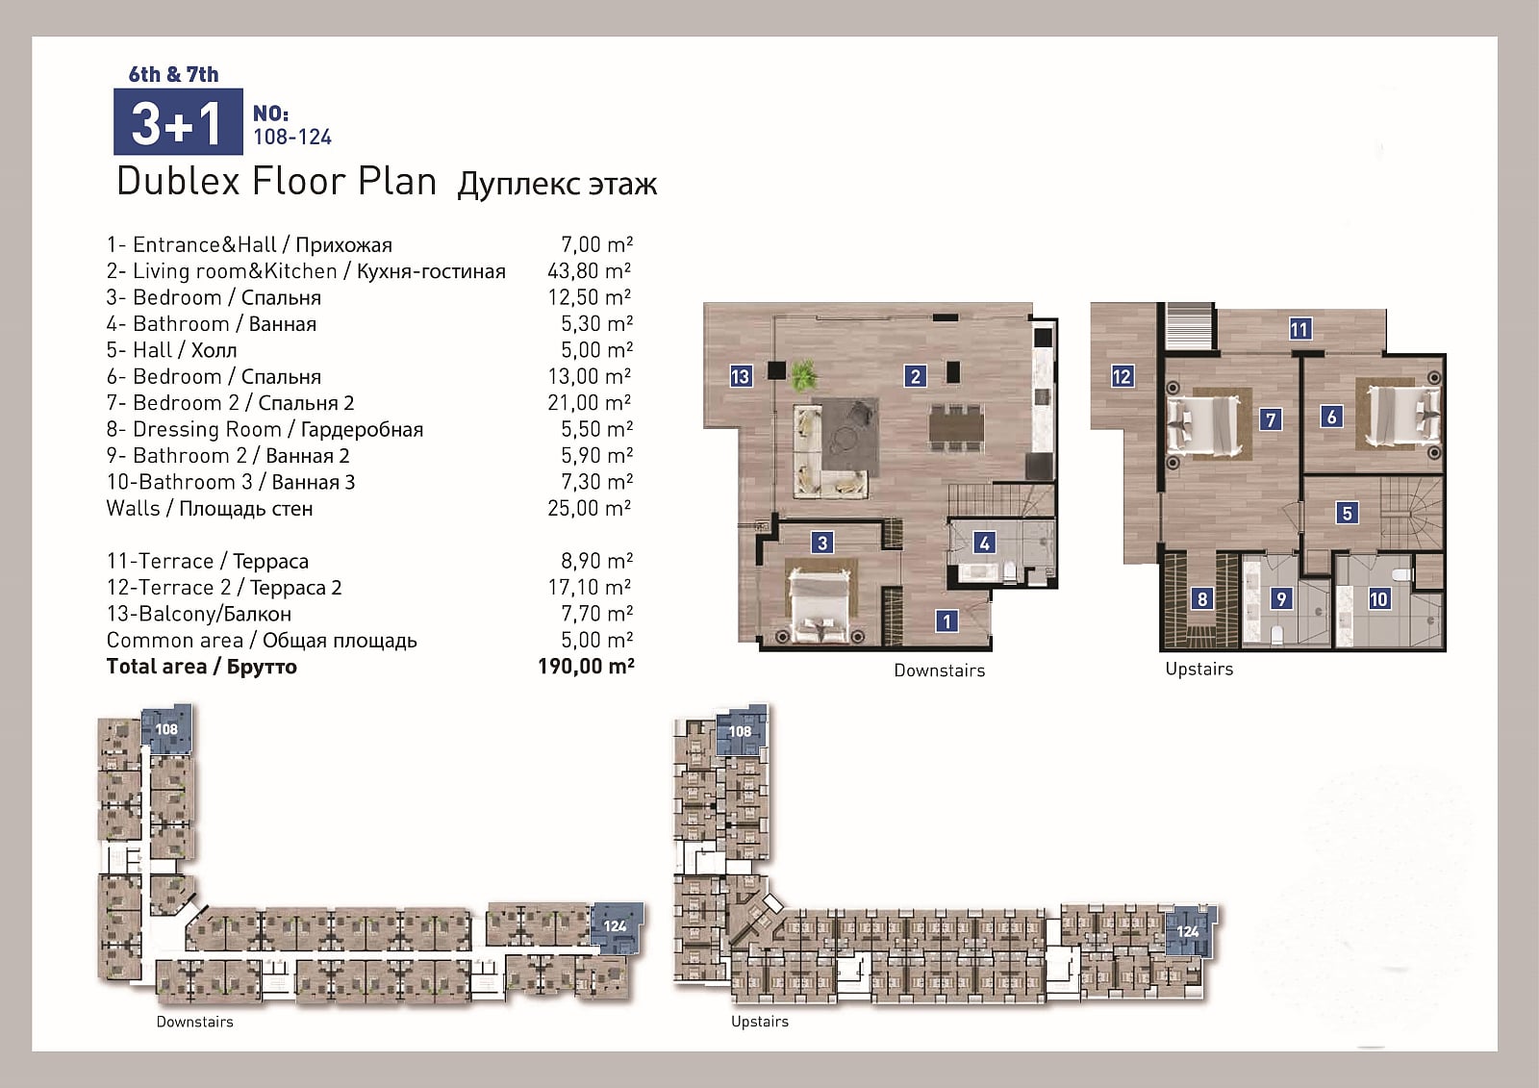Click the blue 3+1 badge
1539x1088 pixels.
coord(178,121)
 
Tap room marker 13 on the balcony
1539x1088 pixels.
coord(740,376)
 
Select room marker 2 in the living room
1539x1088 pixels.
coord(915,376)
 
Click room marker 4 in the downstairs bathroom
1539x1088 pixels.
coord(984,543)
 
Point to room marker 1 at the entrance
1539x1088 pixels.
coord(946,621)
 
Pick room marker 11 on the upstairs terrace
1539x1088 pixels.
coord(1299,329)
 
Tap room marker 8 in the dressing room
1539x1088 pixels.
coord(1201,598)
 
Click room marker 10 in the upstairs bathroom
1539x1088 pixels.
coord(1378,598)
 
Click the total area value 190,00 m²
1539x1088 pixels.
coord(586,666)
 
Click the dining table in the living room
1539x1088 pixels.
coord(956,427)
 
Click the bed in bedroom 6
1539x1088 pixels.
coord(1401,416)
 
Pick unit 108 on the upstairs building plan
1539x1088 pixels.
coord(741,731)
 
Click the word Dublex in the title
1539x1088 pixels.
coord(178,182)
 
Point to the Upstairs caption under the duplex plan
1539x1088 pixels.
coord(1198,669)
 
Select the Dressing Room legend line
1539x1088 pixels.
coord(265,429)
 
